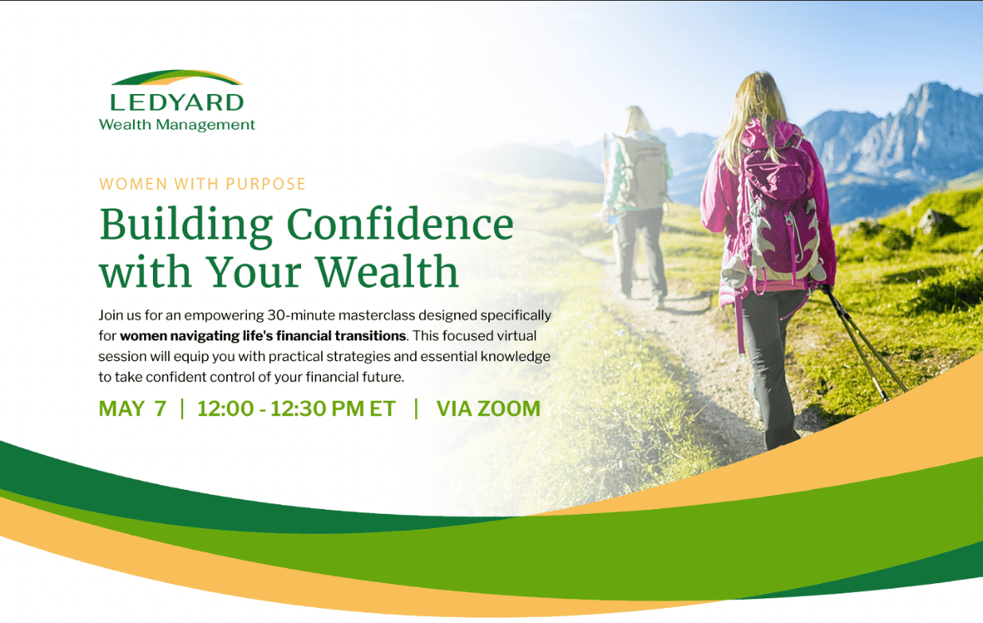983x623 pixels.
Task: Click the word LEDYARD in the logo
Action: (x=176, y=102)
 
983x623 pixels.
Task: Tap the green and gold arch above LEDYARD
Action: (x=176, y=76)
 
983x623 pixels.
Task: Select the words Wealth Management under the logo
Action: (x=177, y=125)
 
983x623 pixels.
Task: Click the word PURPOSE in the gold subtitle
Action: (x=265, y=184)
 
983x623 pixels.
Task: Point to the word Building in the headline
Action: (x=186, y=225)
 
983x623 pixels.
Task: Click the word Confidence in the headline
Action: (x=400, y=224)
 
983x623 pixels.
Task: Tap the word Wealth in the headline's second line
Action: (x=387, y=270)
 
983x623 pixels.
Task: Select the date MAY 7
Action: (x=132, y=409)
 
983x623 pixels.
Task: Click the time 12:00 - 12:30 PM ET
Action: (x=296, y=409)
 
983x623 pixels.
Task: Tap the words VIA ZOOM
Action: (x=488, y=409)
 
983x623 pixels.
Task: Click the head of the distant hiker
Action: (x=635, y=119)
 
